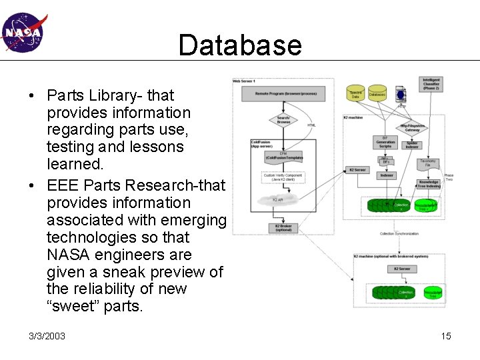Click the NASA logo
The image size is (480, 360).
22,32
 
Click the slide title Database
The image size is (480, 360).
240,45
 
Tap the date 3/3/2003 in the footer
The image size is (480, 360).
47,336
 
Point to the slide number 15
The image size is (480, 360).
446,336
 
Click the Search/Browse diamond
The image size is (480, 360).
283,120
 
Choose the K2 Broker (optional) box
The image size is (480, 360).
283,227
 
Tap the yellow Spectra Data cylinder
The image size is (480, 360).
356,94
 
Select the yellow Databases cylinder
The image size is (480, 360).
377,94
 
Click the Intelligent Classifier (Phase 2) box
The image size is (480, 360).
431,84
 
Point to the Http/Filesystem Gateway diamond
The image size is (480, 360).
413,128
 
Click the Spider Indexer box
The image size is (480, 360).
412,145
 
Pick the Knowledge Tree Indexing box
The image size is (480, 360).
428,184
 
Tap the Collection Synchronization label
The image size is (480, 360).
399,234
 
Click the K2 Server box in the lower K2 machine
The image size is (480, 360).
401,269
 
